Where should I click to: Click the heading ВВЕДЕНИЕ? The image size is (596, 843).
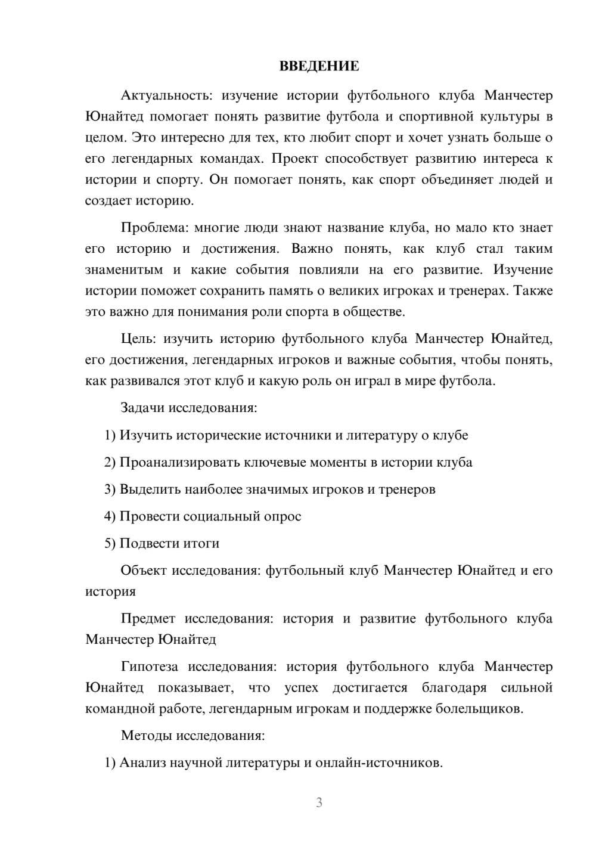tap(319, 66)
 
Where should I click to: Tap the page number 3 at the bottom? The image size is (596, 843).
tap(319, 802)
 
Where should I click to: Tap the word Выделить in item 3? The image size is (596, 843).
tap(150, 489)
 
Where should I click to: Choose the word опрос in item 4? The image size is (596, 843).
tap(283, 516)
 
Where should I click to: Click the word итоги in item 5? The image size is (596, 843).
tap(201, 543)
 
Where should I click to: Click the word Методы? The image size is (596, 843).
tap(145, 735)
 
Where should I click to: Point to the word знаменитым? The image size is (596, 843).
tap(124, 269)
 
